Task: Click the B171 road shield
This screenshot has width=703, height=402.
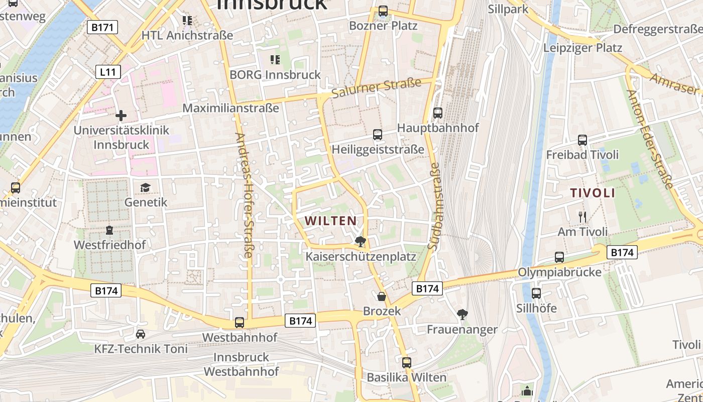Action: tap(102, 27)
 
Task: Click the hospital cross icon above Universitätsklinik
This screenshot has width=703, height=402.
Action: tap(121, 116)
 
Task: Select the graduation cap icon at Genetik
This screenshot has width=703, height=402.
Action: tap(145, 187)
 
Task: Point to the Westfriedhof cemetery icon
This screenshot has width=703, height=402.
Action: tap(109, 230)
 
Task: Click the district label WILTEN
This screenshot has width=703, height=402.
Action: tap(330, 221)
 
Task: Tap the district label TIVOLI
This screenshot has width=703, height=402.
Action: tap(593, 193)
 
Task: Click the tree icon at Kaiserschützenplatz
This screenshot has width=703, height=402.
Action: tap(360, 242)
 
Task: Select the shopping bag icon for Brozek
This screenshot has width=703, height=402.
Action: tap(382, 296)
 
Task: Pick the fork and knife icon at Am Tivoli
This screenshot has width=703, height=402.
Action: tap(582, 217)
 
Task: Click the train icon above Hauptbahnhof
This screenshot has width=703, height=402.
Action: tap(438, 113)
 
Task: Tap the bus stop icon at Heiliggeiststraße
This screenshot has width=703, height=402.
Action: tap(378, 135)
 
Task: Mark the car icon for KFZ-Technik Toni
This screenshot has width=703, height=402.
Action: tap(141, 334)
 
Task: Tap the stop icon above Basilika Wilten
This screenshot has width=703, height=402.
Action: tap(407, 362)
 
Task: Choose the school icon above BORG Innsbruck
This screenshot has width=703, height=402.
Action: tap(275, 60)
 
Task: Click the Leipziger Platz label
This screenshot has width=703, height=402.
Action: tap(582, 48)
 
